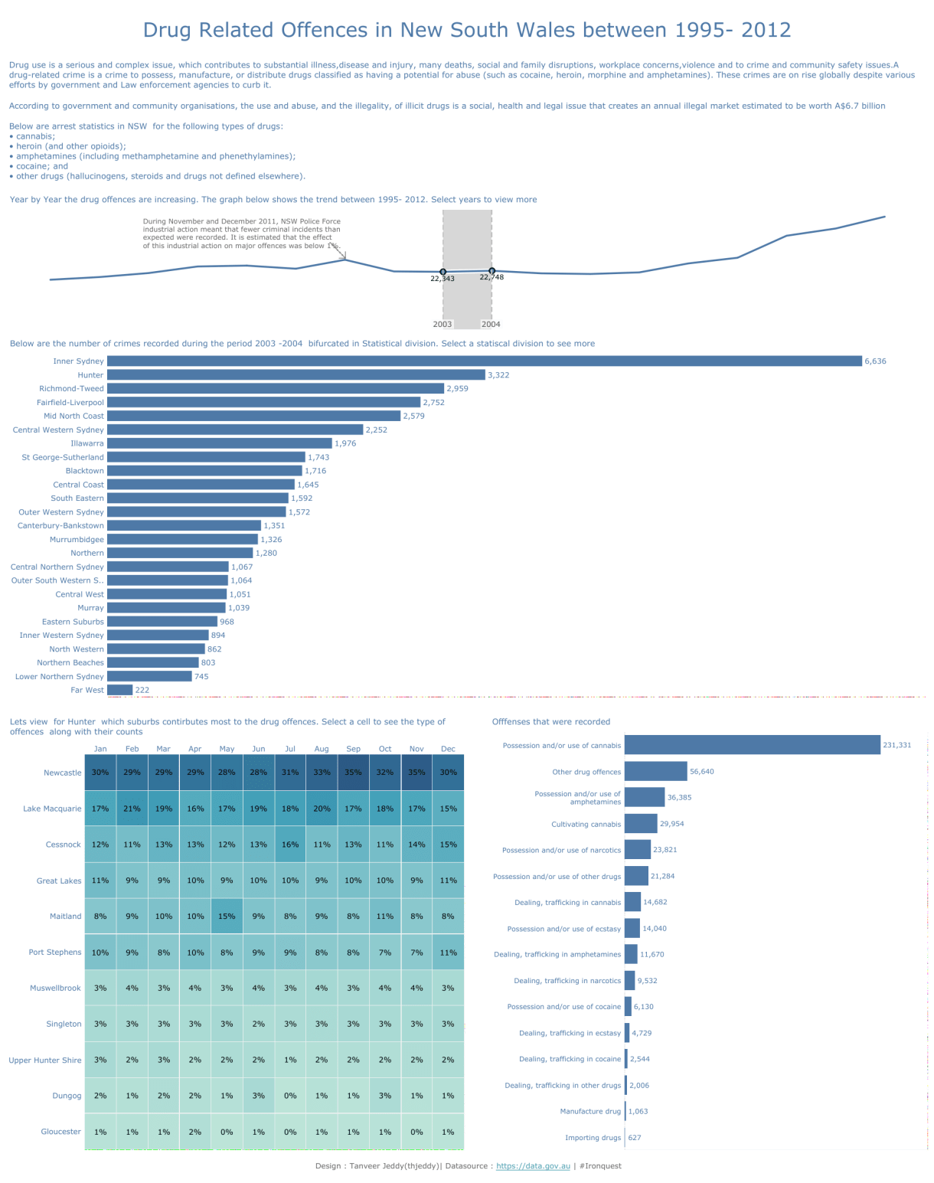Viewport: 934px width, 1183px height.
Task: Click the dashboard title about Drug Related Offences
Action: point(467,30)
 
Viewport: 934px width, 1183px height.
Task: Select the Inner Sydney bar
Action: point(484,361)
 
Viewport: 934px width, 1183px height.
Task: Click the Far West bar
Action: point(119,690)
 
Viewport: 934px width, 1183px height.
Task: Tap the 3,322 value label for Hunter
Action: point(498,375)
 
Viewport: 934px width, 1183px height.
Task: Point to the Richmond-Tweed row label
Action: point(71,388)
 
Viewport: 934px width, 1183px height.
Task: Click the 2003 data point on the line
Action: point(443,272)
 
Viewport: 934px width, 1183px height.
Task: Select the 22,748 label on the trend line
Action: point(491,277)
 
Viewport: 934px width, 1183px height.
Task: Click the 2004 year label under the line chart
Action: point(491,324)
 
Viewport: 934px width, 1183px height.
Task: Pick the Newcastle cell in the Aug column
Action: point(322,772)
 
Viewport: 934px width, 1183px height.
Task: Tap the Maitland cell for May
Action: point(227,916)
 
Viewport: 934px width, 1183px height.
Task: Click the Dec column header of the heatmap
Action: point(448,749)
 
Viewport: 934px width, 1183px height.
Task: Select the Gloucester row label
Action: point(60,1132)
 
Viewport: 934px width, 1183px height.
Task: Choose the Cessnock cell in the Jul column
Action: point(290,845)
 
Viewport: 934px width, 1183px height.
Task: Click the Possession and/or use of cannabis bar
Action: point(752,745)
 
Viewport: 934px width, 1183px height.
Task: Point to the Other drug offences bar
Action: point(655,771)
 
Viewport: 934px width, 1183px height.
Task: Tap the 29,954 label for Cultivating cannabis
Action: point(672,824)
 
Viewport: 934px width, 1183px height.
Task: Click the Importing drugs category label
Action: point(593,1138)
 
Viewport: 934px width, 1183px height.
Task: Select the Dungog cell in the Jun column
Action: point(259,1096)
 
